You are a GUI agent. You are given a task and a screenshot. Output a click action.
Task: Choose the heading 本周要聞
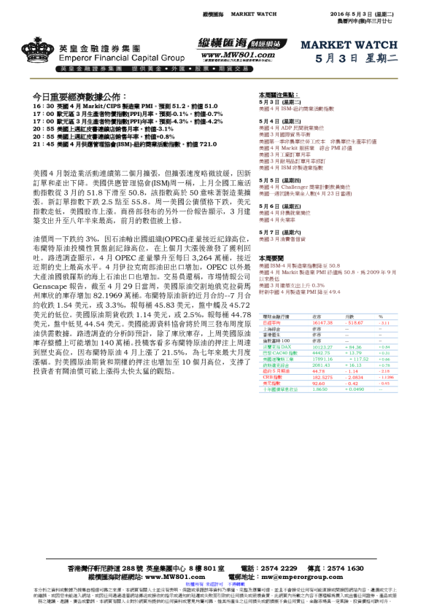272,259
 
